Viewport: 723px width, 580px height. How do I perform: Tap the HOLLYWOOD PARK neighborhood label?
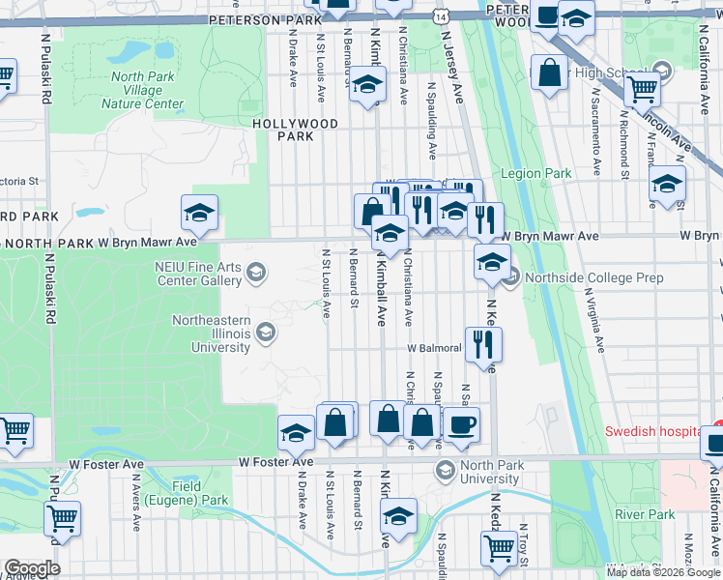296,130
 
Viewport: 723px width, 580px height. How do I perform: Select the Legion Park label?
535,173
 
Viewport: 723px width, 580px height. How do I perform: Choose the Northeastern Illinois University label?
212,334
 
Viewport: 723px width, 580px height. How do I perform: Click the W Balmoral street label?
436,348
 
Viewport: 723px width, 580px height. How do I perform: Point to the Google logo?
31,568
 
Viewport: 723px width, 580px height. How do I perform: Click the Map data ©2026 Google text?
663,572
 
